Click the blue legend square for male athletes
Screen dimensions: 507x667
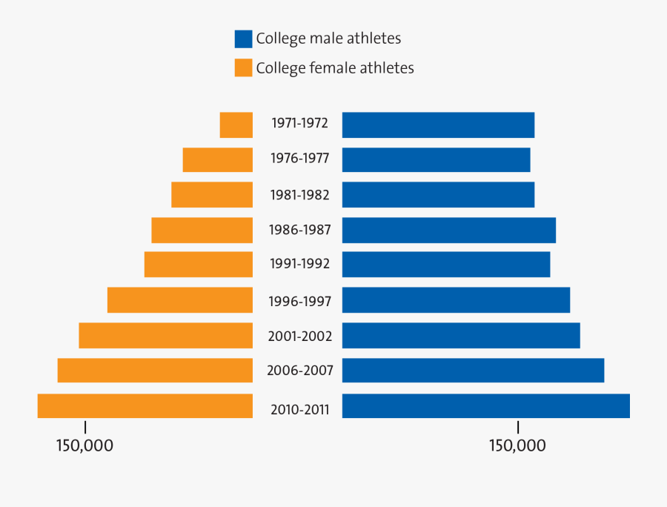coord(243,39)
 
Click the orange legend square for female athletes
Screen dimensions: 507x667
coord(243,68)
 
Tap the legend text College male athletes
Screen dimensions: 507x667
coord(328,39)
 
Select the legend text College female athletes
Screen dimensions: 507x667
coord(335,68)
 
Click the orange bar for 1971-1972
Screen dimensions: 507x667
coord(236,125)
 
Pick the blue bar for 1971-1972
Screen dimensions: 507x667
coord(438,125)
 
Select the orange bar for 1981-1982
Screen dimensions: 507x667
coord(212,195)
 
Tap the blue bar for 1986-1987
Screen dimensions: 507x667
coord(449,230)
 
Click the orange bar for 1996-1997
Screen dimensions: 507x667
coord(180,300)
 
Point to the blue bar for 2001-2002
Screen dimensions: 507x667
coord(461,335)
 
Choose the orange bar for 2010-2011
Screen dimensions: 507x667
coord(145,406)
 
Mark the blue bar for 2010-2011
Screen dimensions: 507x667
coord(486,406)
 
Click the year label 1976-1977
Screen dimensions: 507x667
coord(299,159)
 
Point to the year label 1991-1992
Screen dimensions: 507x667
coord(299,264)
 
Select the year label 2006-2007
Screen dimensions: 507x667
coord(299,371)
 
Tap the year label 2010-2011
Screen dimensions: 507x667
coord(299,408)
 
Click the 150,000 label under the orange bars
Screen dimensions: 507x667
coord(84,445)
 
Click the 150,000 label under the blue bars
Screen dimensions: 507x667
coord(517,445)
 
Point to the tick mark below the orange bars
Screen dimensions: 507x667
coord(85,428)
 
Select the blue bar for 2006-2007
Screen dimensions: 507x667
coord(473,371)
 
